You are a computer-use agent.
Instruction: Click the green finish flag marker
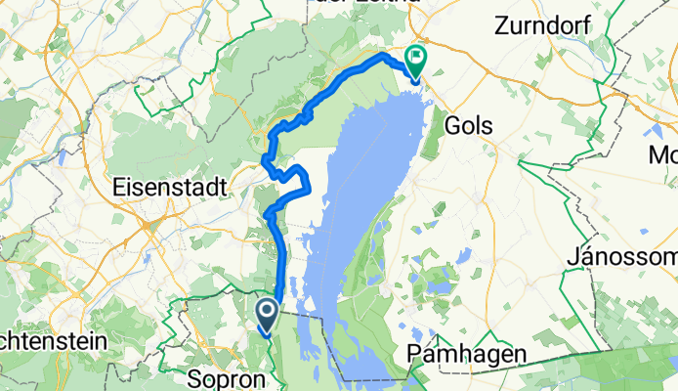pyautogui.click(x=415, y=62)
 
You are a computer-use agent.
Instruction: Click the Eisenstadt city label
pyautogui.click(x=170, y=183)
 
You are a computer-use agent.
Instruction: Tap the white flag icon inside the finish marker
pyautogui.click(x=416, y=57)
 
